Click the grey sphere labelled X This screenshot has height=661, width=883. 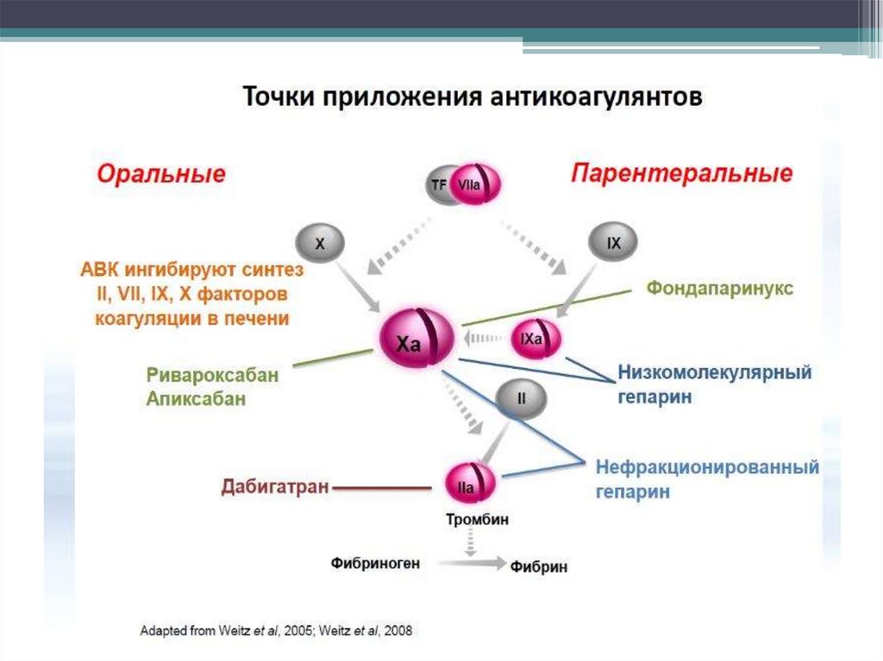pyautogui.click(x=320, y=244)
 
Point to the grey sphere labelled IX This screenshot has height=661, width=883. pyautogui.click(x=613, y=244)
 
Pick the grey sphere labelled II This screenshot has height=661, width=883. pyautogui.click(x=521, y=398)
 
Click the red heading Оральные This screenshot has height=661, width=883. pyautogui.click(x=161, y=175)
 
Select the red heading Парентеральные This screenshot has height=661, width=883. pyautogui.click(x=680, y=174)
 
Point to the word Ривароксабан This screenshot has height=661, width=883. pyautogui.click(x=212, y=376)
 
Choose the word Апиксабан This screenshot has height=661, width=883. pyautogui.click(x=196, y=398)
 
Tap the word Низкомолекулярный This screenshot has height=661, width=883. pyautogui.click(x=715, y=373)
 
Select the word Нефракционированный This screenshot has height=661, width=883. pyautogui.click(x=707, y=467)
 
